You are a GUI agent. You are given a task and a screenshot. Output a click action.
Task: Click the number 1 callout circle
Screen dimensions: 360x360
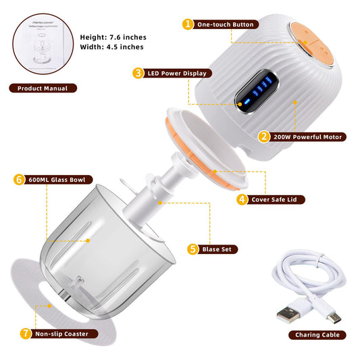[188, 24]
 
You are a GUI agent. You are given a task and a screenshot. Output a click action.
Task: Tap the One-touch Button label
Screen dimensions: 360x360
[226, 24]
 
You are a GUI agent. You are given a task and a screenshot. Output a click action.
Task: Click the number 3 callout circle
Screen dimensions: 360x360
[138, 72]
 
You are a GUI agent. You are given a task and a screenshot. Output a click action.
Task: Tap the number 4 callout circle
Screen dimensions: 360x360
[242, 199]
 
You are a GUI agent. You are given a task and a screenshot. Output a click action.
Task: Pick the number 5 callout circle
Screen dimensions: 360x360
[194, 249]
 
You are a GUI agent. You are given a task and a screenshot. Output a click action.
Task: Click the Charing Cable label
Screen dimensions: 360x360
[317, 334]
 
